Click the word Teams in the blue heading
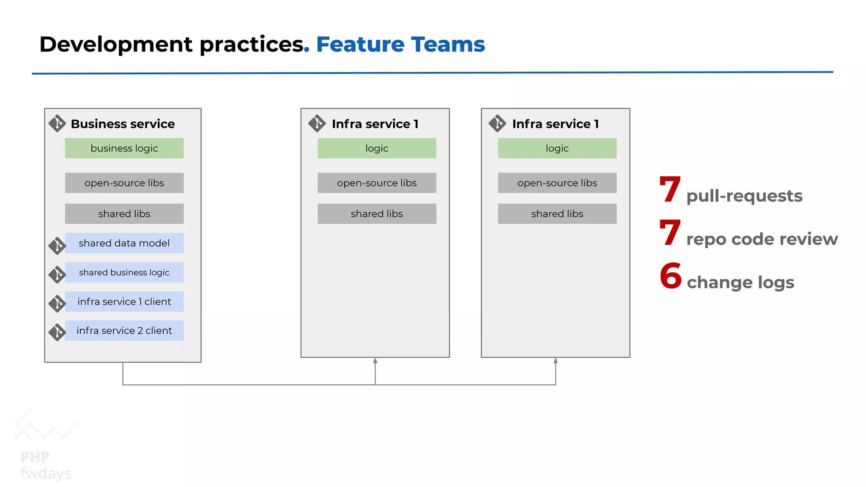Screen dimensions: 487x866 pos(448,44)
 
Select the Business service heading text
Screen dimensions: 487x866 pos(123,124)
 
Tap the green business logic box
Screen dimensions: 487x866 pos(124,148)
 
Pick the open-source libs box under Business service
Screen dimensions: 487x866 pos(124,183)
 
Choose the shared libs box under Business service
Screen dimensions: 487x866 pos(124,214)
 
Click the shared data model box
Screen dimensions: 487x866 pos(124,243)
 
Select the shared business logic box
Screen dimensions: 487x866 pos(124,272)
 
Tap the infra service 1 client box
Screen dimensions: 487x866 pos(124,301)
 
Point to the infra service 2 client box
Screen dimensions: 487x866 pos(124,331)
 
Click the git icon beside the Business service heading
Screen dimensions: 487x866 pos(57,123)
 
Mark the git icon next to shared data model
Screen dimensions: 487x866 pos(57,246)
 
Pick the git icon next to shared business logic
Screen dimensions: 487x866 pos(57,274)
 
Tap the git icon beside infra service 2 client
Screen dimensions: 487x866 pos(57,332)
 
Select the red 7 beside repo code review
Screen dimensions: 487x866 pos(670,233)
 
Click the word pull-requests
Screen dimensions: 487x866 pos(744,196)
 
